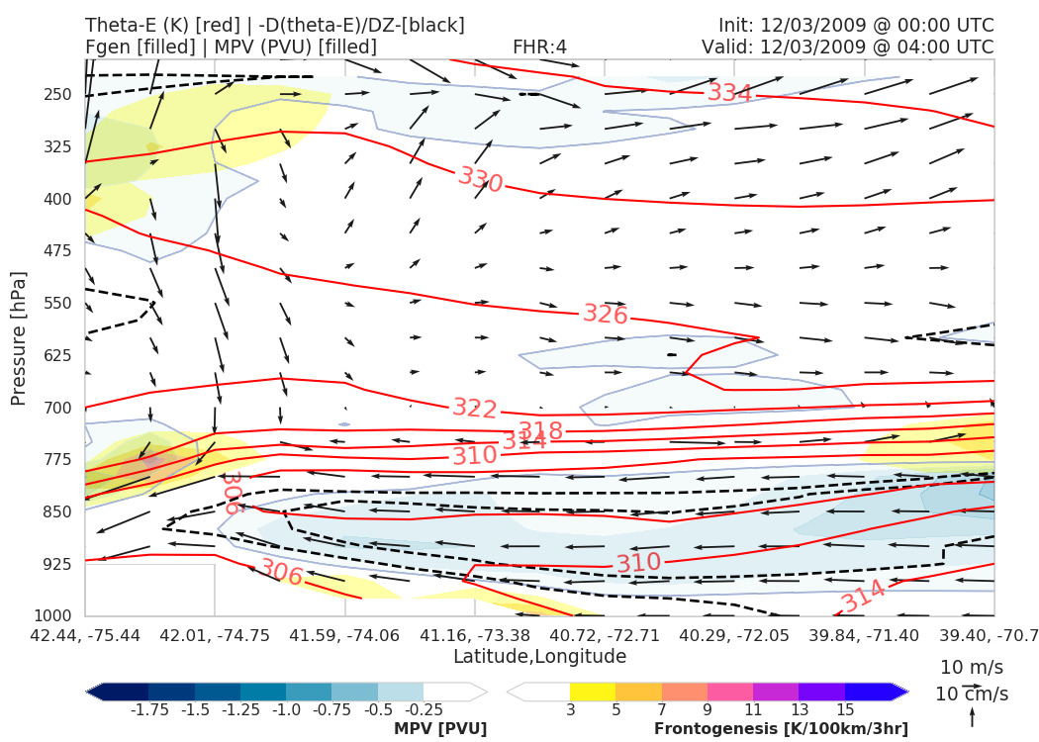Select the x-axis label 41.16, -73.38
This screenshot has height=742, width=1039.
pyautogui.click(x=474, y=634)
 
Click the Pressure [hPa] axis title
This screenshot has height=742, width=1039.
pyautogui.click(x=18, y=338)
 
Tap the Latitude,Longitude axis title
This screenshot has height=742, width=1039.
pyautogui.click(x=539, y=657)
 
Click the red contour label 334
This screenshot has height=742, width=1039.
pyautogui.click(x=729, y=93)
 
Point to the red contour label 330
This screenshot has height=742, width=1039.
pyautogui.click(x=481, y=179)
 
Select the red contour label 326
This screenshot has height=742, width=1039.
pyautogui.click(x=605, y=315)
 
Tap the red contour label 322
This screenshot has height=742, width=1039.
pyautogui.click(x=475, y=408)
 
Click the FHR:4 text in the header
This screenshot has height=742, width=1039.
pyautogui.click(x=539, y=47)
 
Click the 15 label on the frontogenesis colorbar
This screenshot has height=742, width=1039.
pyautogui.click(x=845, y=710)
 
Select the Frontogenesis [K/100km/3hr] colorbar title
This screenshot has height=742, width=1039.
pyautogui.click(x=781, y=729)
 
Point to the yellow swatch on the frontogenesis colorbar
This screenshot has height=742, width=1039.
pyautogui.click(x=593, y=691)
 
